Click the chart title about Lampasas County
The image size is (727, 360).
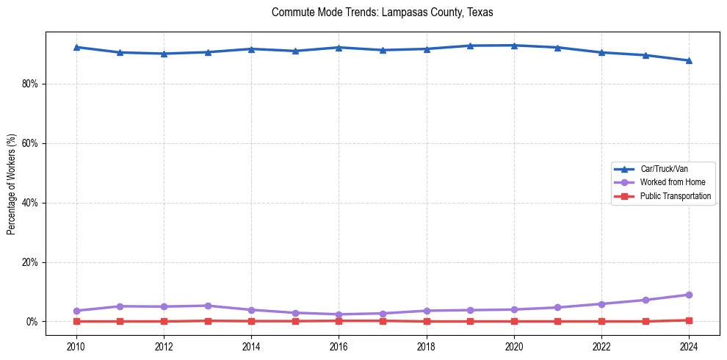click(x=382, y=12)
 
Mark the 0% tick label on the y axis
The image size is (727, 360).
click(x=32, y=322)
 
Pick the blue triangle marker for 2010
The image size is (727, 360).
click(x=76, y=47)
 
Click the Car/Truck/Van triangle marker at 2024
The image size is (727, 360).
click(x=689, y=60)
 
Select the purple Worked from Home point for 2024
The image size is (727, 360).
click(x=689, y=295)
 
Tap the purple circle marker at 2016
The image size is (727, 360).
click(x=339, y=314)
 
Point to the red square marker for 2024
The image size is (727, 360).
click(x=689, y=320)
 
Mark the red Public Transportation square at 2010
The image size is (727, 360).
click(x=76, y=321)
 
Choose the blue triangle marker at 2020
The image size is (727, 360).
click(x=514, y=46)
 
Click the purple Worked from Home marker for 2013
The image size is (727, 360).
click(x=208, y=306)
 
